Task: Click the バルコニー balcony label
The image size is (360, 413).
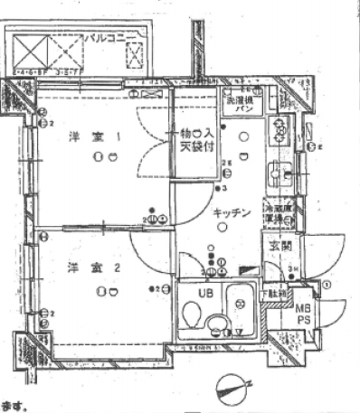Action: point(111,38)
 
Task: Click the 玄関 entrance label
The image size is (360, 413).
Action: point(277,247)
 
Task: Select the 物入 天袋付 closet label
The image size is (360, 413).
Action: point(193,139)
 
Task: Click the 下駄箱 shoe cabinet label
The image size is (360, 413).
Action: point(277,294)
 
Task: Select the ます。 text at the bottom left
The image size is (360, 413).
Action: point(14,407)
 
